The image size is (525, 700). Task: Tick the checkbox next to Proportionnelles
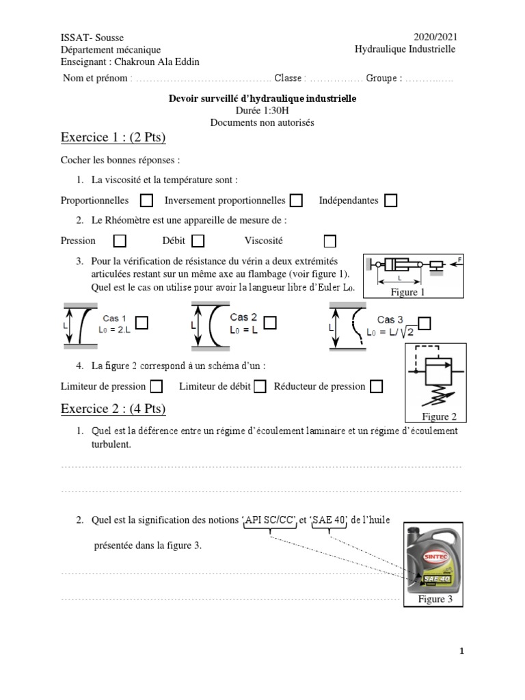pos(146,201)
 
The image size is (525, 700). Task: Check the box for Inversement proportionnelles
pos(296,201)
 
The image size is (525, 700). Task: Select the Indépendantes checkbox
pos(390,201)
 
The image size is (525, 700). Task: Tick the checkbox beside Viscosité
pos(330,241)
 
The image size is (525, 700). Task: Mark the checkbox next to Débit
pos(198,241)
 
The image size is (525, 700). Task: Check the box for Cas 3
pos(425,323)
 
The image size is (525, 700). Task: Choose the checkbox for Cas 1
pos(142,323)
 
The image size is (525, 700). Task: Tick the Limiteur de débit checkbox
pos(260,387)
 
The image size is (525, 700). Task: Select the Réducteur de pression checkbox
pos(377,387)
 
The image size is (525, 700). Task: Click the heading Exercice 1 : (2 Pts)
pos(113,138)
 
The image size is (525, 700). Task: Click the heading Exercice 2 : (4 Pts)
pos(113,409)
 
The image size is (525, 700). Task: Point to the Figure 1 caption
pos(407,293)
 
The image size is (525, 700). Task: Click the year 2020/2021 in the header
pos(435,38)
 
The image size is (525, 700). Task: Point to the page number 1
pos(461,651)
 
